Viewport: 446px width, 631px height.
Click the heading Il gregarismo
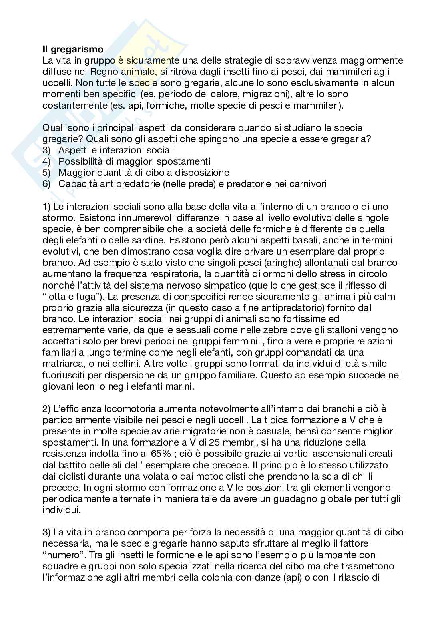73,50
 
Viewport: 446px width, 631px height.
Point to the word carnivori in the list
310,184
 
